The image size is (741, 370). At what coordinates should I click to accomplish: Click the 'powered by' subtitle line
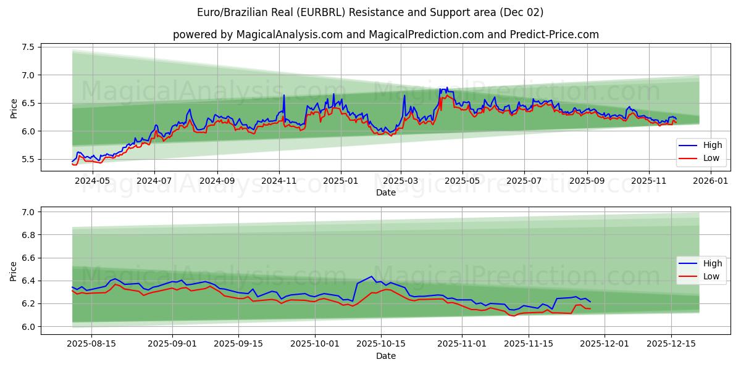click(386, 35)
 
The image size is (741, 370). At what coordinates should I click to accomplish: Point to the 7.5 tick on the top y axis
click(28, 47)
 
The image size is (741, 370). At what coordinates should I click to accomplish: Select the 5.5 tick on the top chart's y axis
click(28, 159)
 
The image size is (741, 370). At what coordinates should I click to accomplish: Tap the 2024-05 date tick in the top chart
click(92, 181)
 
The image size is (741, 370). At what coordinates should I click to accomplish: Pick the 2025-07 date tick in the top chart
click(524, 181)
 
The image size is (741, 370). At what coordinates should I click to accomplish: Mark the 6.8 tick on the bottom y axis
click(28, 235)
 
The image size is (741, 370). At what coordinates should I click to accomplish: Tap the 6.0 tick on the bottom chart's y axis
click(28, 327)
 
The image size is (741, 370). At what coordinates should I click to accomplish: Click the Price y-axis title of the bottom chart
click(14, 271)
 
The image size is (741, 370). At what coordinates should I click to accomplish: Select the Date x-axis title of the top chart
click(386, 193)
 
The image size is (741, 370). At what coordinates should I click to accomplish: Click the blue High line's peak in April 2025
click(446, 88)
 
